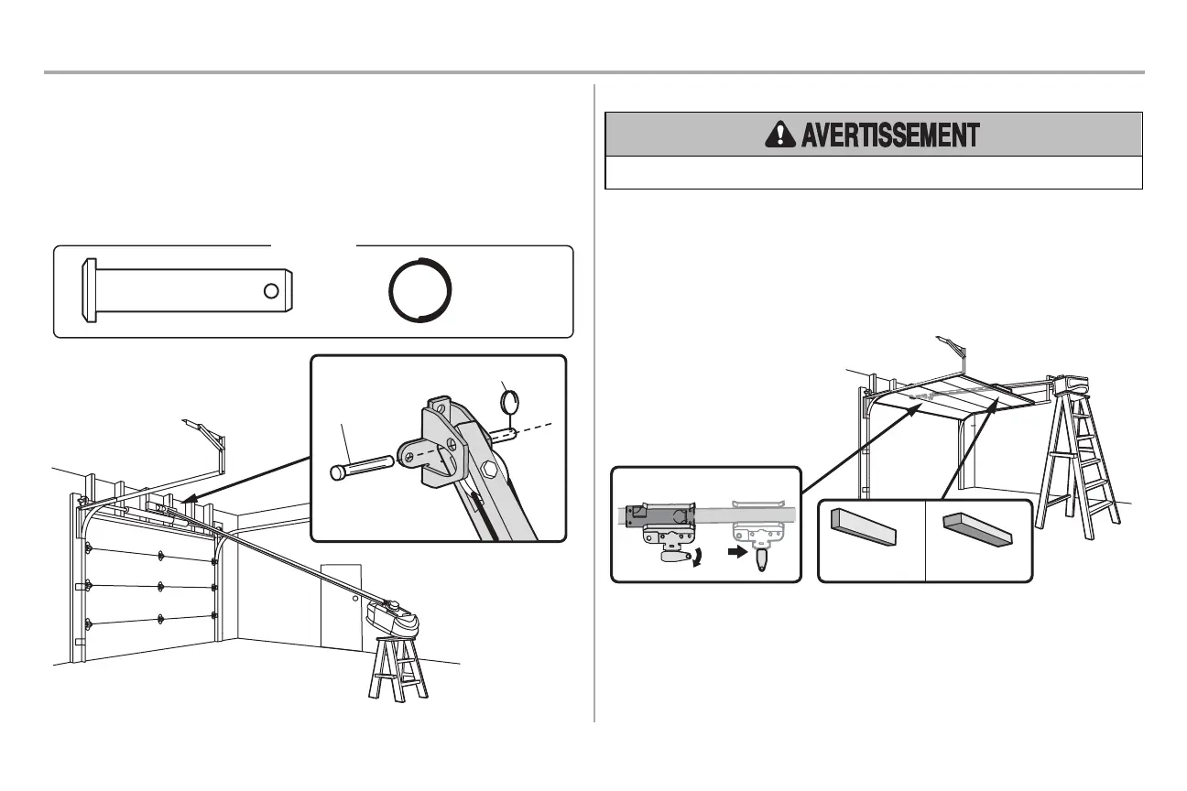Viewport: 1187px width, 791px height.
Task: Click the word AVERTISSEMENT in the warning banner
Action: [x=890, y=135]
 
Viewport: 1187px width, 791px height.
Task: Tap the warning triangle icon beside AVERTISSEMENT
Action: [x=779, y=135]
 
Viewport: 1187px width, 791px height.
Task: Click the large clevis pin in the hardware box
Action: [x=188, y=290]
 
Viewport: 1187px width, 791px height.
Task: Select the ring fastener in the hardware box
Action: [x=421, y=291]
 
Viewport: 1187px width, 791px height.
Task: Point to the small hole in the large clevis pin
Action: [x=270, y=291]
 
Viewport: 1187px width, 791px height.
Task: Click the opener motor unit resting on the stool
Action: [x=394, y=620]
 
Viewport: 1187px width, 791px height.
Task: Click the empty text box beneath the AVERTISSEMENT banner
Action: [x=874, y=172]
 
